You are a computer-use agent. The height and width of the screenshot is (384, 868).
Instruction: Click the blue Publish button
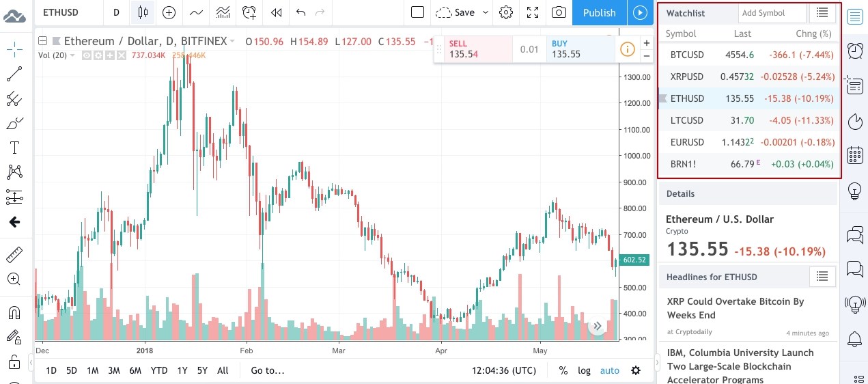click(599, 12)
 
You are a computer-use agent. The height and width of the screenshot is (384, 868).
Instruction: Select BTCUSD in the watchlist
click(686, 55)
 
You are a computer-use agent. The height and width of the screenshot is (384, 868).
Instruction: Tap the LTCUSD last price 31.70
click(742, 120)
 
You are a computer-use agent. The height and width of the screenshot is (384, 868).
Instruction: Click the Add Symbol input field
click(772, 13)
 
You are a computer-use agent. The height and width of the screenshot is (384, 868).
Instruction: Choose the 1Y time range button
click(182, 370)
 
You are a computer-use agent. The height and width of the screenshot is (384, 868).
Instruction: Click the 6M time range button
click(135, 370)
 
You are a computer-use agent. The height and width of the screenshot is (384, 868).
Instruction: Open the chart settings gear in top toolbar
click(506, 12)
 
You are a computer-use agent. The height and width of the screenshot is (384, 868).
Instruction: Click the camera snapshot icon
click(559, 12)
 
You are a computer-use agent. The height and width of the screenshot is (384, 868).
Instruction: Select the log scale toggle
click(584, 370)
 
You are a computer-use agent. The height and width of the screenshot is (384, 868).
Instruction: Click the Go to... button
click(267, 370)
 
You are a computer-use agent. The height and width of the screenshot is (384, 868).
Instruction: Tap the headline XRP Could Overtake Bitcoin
click(735, 308)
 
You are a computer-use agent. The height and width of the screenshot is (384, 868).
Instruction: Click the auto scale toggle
click(609, 370)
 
